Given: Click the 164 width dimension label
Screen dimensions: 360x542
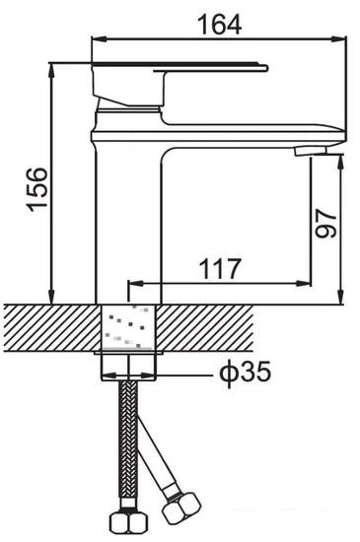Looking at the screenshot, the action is (219, 25).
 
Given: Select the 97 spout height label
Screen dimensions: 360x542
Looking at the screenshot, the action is (325, 223).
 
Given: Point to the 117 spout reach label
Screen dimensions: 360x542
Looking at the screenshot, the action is (220, 269).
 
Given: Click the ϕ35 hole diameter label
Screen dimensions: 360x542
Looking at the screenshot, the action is (246, 373).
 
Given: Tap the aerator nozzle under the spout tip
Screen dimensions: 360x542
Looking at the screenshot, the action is (311, 151).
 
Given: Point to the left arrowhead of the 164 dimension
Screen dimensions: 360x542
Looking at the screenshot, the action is (100, 39).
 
